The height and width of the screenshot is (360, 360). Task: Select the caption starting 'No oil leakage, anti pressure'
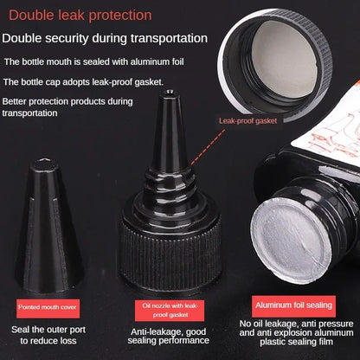pyautogui.click(x=296, y=336)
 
